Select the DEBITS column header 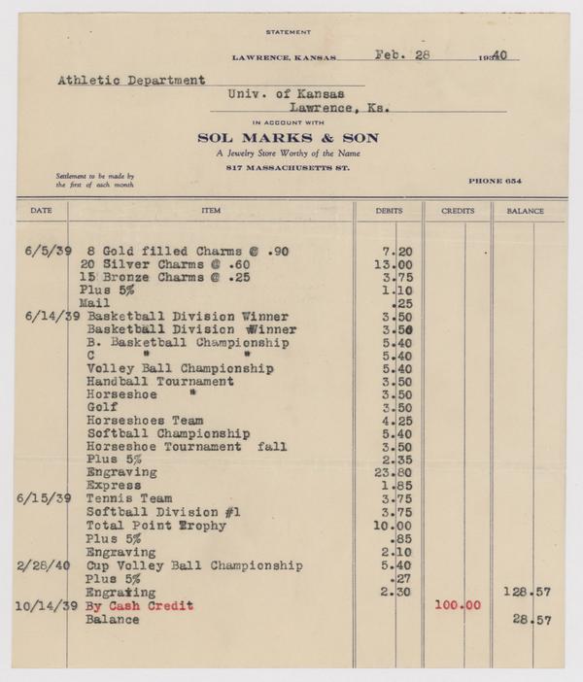pos(389,211)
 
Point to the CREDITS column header pos(458,211)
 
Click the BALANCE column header pos(525,211)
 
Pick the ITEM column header pos(211,211)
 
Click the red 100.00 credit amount pos(456,605)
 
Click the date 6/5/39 pos(45,251)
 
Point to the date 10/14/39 pos(41,605)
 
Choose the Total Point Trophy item pos(156,526)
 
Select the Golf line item pos(102,409)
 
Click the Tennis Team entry pos(129,498)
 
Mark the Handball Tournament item pos(159,382)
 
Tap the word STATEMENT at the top pos(291,32)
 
